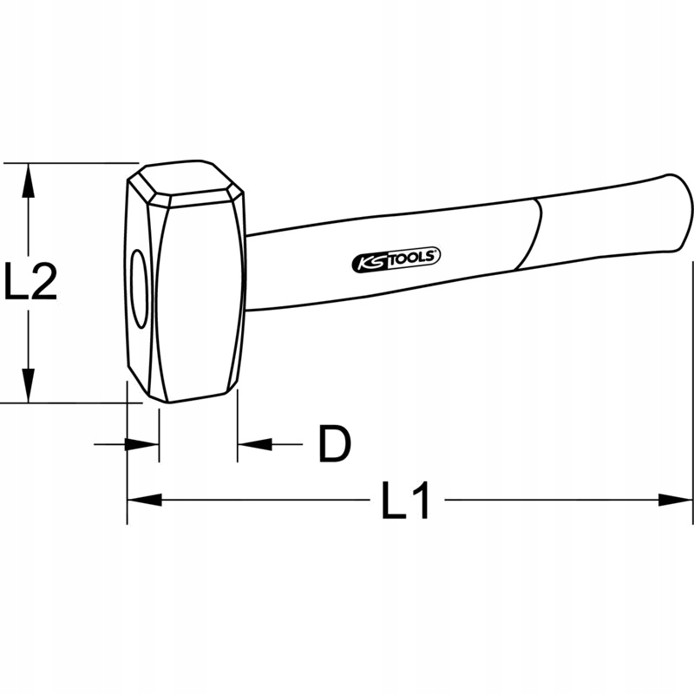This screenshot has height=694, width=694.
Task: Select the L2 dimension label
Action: pos(31,282)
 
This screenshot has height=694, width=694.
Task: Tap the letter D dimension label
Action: pos(333,444)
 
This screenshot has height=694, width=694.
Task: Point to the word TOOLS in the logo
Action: pos(415,257)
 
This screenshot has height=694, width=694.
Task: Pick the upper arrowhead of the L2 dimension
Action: pos(29,179)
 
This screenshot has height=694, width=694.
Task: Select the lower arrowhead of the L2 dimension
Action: pos(29,385)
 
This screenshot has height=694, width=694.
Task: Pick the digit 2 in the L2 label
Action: pos(43,282)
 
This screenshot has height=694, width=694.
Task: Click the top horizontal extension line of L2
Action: pos(69,162)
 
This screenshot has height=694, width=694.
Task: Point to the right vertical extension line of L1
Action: pos(693,390)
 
